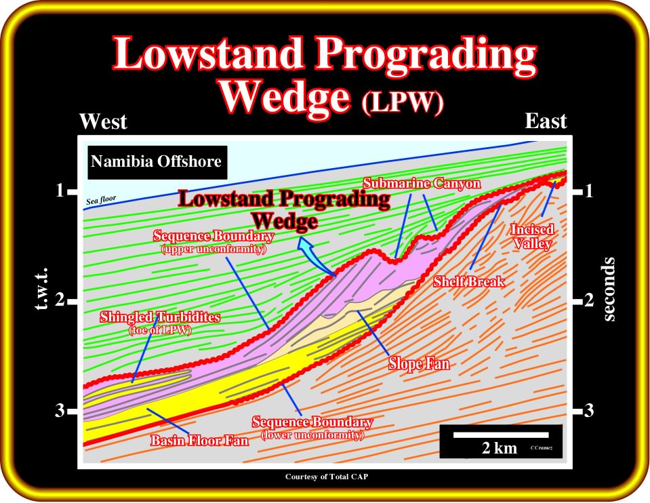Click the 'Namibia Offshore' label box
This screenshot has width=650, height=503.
click(157, 162)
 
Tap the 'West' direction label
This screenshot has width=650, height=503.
click(103, 121)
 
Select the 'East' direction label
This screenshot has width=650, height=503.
click(546, 121)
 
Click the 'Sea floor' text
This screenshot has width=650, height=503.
click(101, 200)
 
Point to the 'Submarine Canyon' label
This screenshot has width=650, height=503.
click(422, 183)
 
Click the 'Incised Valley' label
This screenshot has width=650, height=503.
click(532, 236)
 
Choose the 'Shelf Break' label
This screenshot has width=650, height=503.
click(469, 281)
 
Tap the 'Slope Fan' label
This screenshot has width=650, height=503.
click(419, 363)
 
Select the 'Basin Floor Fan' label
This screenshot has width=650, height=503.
click(199, 440)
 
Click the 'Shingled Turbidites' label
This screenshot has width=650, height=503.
click(160, 317)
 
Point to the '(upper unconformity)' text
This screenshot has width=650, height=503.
click(214, 249)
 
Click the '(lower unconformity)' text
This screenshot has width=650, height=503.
click(312, 435)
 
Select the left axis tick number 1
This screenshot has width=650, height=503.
click(60, 191)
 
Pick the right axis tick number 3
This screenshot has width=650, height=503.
click(588, 411)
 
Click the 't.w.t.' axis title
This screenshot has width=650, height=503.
click(41, 289)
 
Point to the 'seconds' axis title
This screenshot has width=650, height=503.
click(609, 289)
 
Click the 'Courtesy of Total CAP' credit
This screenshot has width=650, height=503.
click(326, 477)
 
